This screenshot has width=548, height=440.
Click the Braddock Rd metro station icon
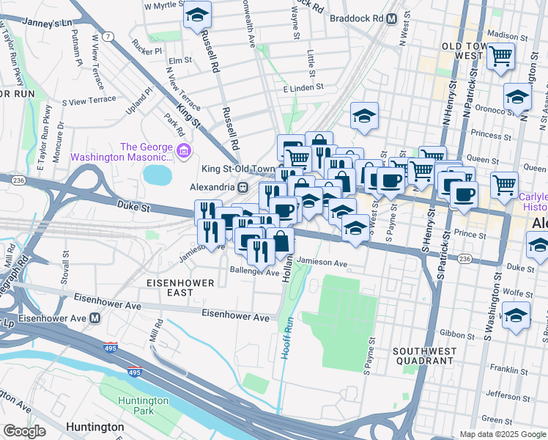pyautogui.click(x=392, y=18)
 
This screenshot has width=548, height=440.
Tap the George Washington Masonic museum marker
pyautogui.click(x=183, y=152)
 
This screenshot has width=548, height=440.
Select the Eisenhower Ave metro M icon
pyautogui.click(x=95, y=318)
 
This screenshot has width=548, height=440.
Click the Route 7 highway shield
pyautogui.click(x=108, y=36)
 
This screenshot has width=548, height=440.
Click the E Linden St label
pyautogui.click(x=303, y=87)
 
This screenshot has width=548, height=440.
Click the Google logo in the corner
pyautogui.click(x=24, y=431)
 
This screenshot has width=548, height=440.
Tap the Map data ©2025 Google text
pyautogui.click(x=501, y=433)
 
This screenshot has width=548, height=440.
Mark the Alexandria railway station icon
pyautogui.click(x=241, y=186)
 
